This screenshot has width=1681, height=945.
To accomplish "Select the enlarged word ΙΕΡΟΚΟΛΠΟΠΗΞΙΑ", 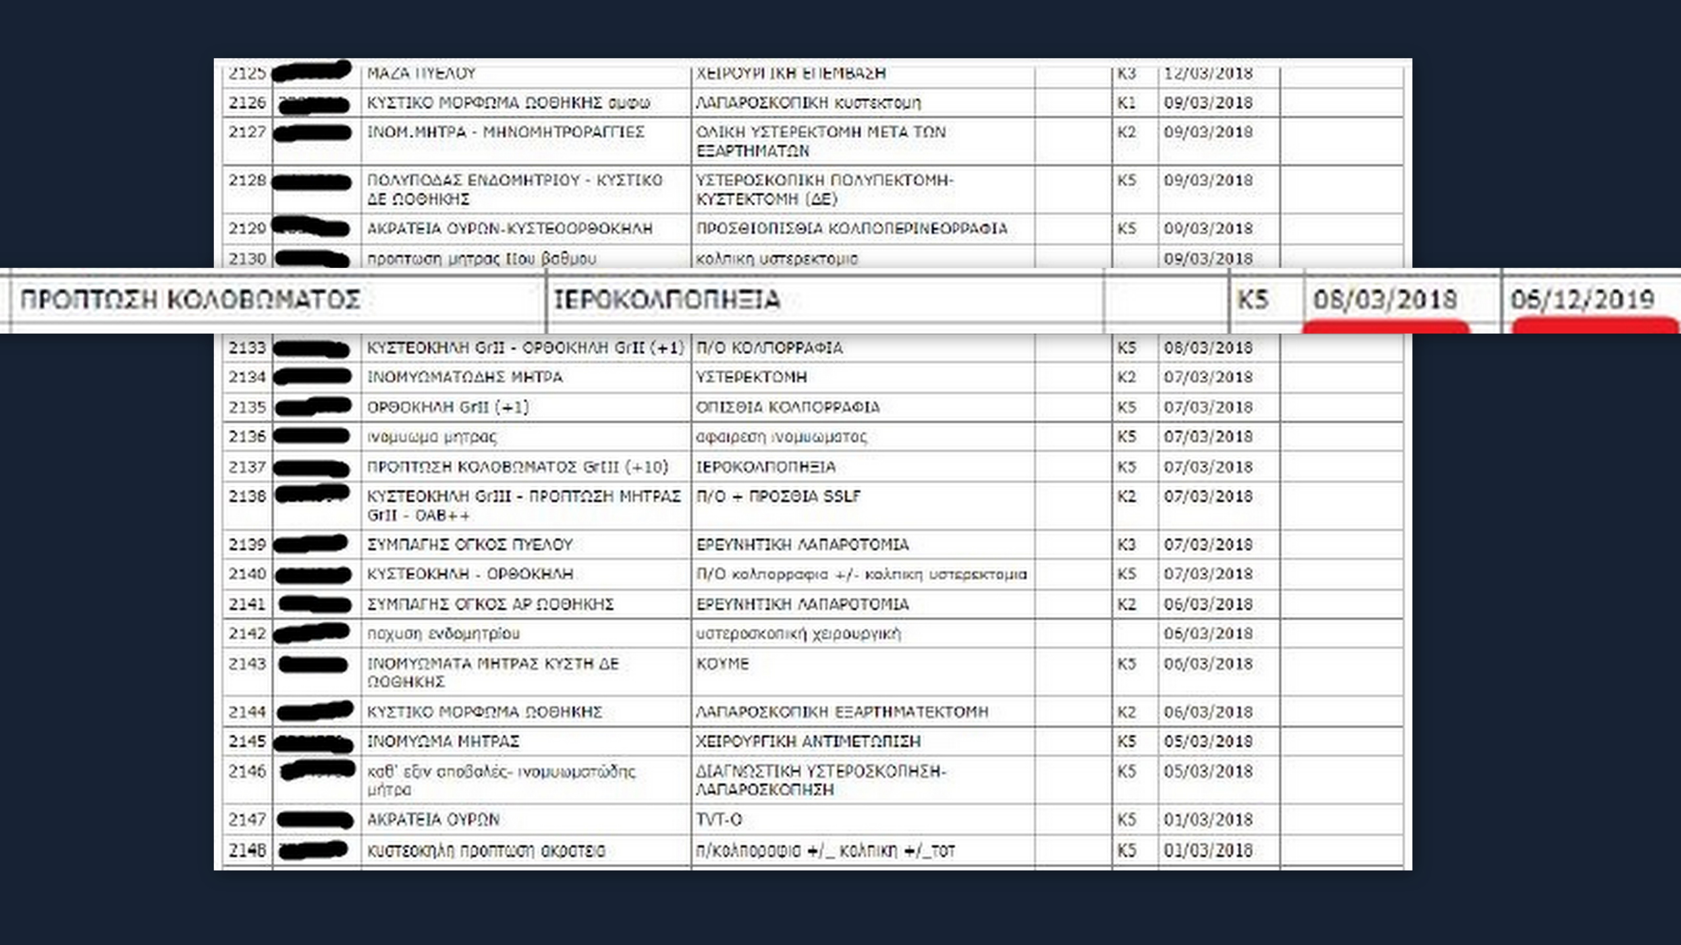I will click(667, 299).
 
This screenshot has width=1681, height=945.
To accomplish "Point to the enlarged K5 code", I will click(1253, 299).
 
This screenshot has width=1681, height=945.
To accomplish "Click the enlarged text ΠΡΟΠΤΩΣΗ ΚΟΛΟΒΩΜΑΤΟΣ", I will click(190, 299).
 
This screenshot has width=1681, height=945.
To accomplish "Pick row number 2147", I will click(247, 819).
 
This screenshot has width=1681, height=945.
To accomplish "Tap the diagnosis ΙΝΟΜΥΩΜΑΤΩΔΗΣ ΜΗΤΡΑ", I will click(465, 377).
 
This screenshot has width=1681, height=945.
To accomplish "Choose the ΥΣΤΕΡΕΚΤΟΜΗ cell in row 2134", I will click(751, 377).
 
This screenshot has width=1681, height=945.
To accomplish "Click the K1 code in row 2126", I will click(1126, 102).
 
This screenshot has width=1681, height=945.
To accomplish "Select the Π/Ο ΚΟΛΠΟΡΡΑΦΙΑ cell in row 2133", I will click(769, 347).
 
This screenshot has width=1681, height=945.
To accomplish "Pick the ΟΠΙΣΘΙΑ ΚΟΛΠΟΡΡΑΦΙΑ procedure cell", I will click(788, 407).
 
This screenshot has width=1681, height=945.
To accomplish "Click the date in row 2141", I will click(1208, 604).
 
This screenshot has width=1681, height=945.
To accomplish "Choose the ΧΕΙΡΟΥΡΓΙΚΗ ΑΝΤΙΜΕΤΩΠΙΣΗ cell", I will click(808, 742).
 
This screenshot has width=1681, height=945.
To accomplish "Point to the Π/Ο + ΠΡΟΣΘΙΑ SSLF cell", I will click(778, 496).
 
